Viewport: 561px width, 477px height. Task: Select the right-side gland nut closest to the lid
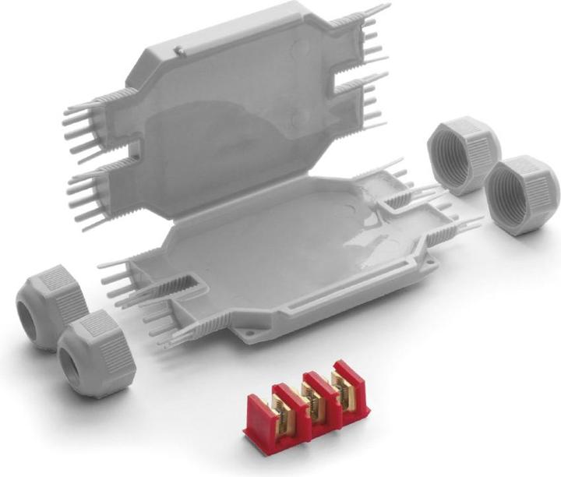(x=464, y=154)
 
